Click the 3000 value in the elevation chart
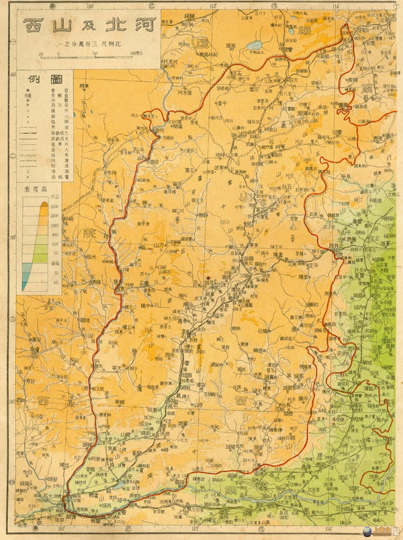coord(55,208)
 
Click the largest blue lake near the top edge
coord(255,46)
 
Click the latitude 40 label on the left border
coord(14,74)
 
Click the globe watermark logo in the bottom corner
coord(392,532)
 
